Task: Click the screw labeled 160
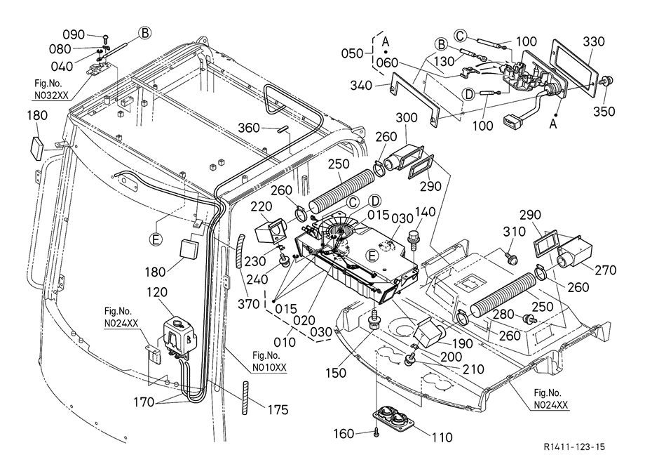pos(376,433)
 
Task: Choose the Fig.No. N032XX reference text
pos(48,89)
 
